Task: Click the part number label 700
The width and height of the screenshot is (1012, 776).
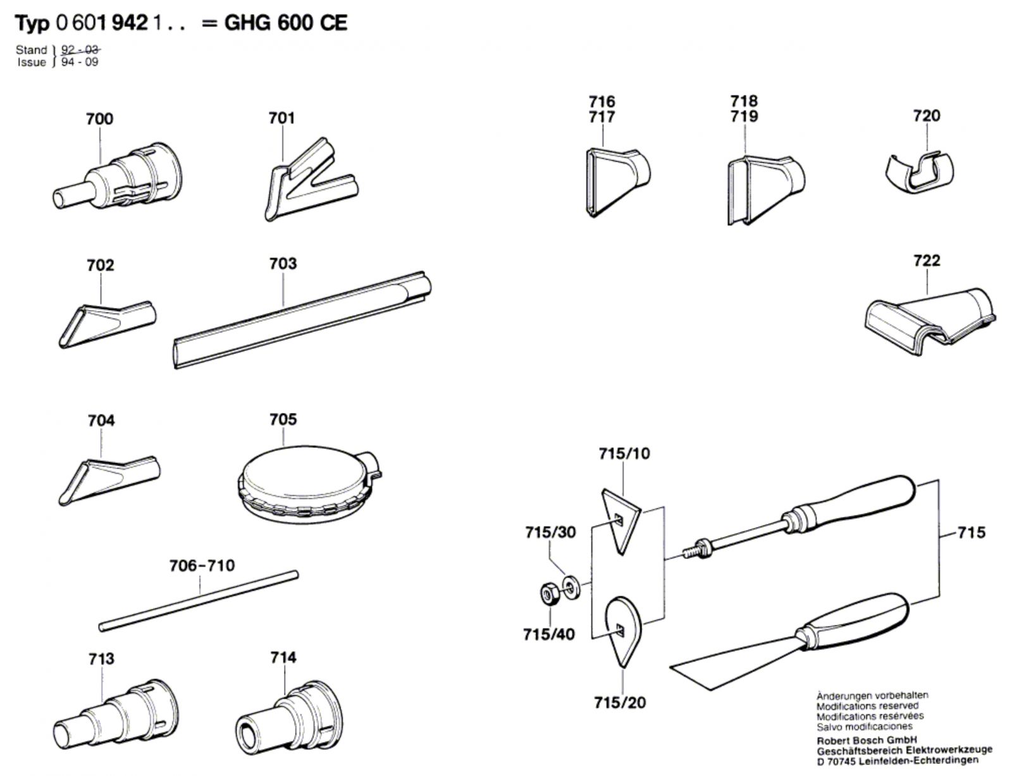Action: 99,119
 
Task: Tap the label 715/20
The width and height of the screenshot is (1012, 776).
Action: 620,702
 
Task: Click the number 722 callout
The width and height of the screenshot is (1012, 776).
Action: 927,260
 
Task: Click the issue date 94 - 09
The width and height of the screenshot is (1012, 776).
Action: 80,62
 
